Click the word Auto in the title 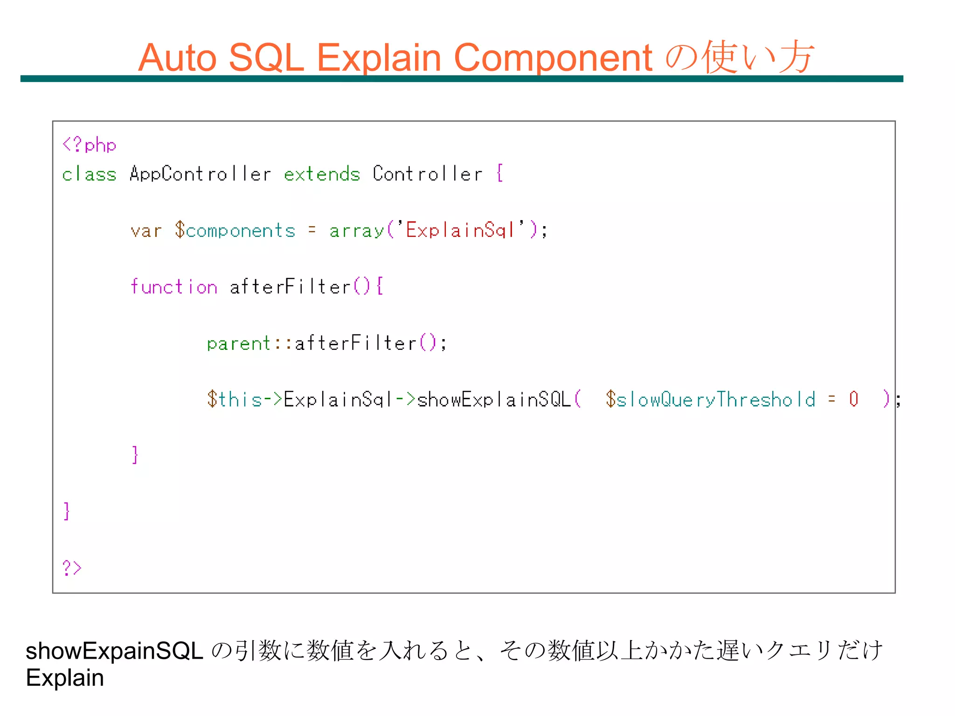pyautogui.click(x=178, y=58)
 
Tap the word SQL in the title pyautogui.click(x=266, y=58)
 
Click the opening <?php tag pyautogui.click(x=89, y=145)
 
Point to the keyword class pyautogui.click(x=89, y=174)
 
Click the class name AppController pyautogui.click(x=200, y=174)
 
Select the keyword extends pyautogui.click(x=322, y=174)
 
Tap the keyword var pyautogui.click(x=146, y=231)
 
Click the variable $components pyautogui.click(x=235, y=231)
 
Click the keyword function pyautogui.click(x=174, y=287)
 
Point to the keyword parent pyautogui.click(x=239, y=344)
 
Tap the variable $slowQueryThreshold pyautogui.click(x=711, y=400)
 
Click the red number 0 pyautogui.click(x=853, y=399)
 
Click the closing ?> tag pyautogui.click(x=72, y=568)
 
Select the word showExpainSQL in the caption pyautogui.click(x=114, y=651)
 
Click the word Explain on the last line pyautogui.click(x=65, y=678)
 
